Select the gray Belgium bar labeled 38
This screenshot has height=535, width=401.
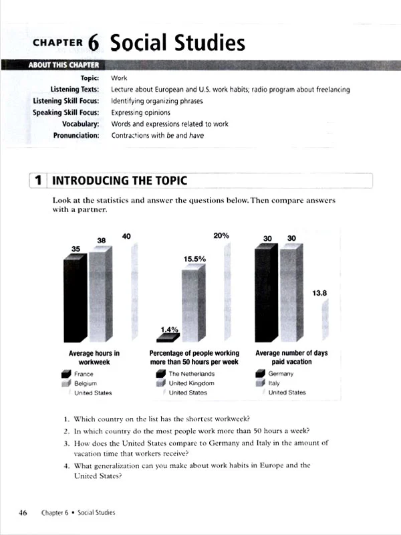click(x=98, y=294)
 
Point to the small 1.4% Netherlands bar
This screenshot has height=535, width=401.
click(x=166, y=337)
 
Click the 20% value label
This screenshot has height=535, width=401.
click(x=221, y=235)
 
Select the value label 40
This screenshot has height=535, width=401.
click(x=127, y=235)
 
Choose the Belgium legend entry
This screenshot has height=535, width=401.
click(x=86, y=383)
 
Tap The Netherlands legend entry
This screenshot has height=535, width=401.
click(x=191, y=374)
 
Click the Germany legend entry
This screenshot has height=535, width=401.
click(x=280, y=374)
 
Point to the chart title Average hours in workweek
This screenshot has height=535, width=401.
click(x=94, y=356)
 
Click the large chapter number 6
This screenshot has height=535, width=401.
click(x=93, y=42)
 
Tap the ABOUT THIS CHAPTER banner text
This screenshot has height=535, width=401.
click(x=63, y=65)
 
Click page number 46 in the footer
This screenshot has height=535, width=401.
click(x=23, y=512)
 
